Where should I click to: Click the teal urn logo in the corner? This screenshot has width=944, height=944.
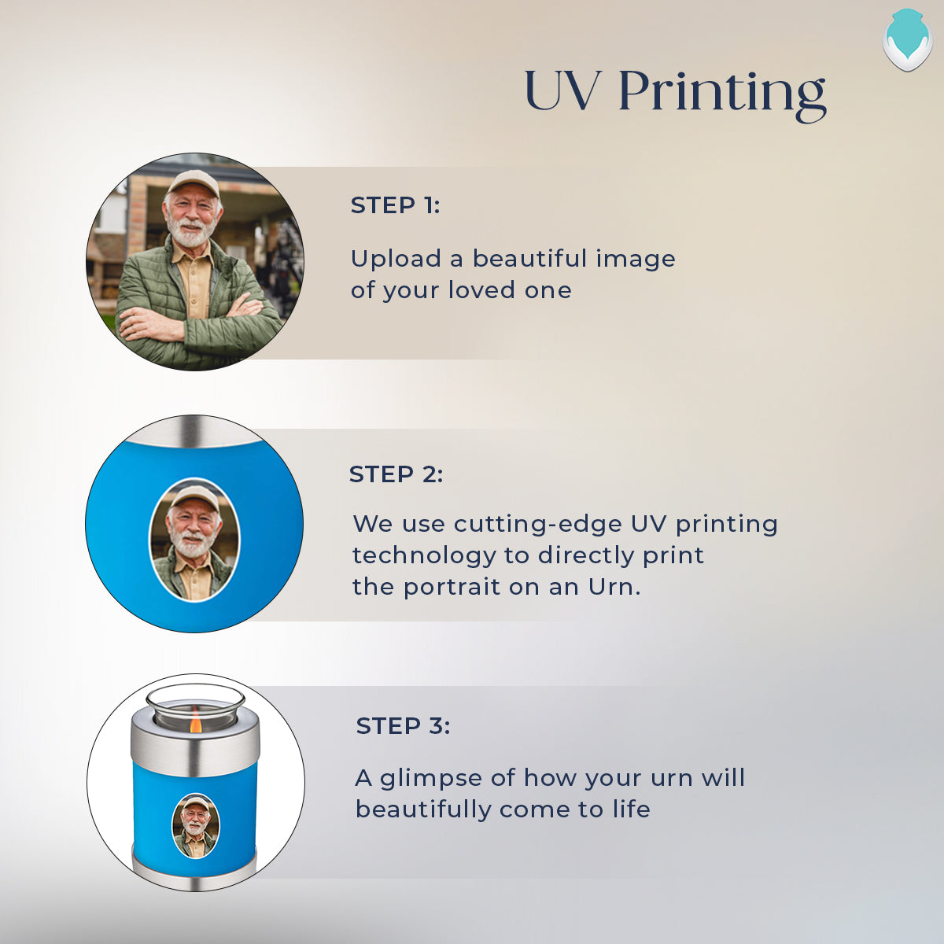tap(907, 39)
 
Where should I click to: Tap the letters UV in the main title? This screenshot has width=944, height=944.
tap(562, 90)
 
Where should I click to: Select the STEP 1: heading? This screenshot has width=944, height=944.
tap(396, 205)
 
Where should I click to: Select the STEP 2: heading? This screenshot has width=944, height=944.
tap(396, 474)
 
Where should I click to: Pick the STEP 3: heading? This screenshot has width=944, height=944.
tap(403, 725)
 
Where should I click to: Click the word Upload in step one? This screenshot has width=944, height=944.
tap(396, 259)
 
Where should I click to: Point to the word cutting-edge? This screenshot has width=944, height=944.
tap(537, 525)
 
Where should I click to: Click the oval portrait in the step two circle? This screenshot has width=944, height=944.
tap(194, 540)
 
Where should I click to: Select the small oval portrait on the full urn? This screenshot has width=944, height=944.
tap(195, 826)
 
